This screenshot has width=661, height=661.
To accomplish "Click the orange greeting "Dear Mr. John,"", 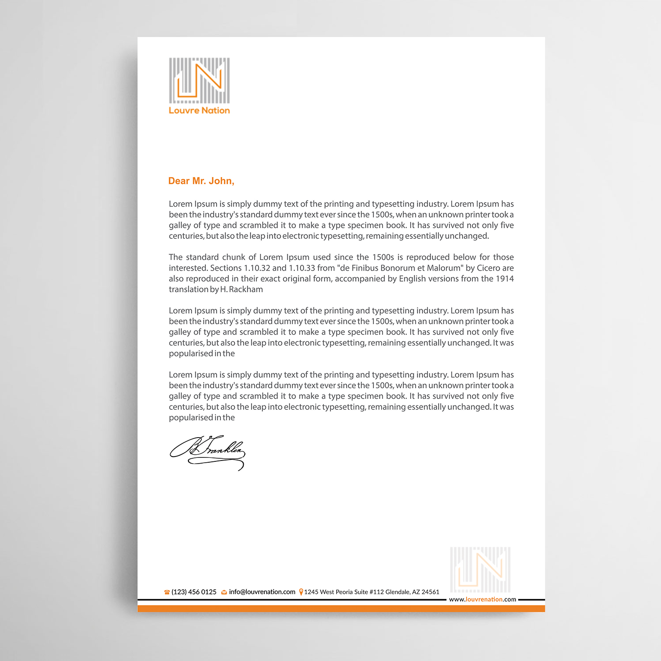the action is tap(201, 181).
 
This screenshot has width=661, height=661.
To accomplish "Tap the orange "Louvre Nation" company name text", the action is tap(199, 111).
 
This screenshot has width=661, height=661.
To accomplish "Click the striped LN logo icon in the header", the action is tap(199, 81).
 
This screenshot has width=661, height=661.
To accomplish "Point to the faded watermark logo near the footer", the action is tap(480, 569).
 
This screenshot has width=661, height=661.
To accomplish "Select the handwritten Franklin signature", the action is tap(208, 452).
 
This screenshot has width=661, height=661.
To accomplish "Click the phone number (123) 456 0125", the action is tap(194, 592).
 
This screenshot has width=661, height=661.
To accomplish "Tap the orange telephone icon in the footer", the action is tap(167, 592).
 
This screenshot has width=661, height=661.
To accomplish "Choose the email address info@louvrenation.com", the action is tap(262, 592).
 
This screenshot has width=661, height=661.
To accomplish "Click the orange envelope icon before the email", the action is tap(224, 592).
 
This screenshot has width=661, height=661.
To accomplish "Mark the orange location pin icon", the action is tap(301, 592).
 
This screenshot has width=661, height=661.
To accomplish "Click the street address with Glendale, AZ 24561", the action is tap(371, 592).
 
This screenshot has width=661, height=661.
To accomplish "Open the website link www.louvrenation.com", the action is tap(483, 599).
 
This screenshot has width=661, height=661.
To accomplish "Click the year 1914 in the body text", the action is tap(505, 279).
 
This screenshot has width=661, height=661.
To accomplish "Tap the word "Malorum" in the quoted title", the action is tap(445, 268).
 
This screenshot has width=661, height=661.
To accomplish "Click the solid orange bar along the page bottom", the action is tap(341, 609).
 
